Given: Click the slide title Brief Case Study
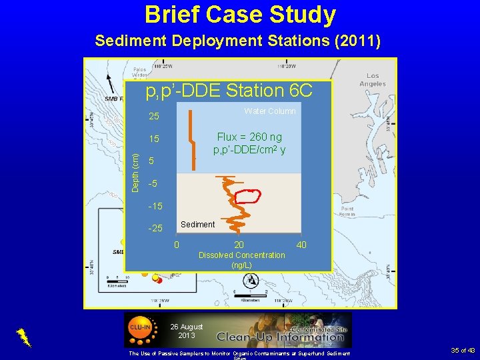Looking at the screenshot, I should pos(240,15).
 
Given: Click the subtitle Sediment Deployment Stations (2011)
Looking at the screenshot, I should pos(238,41).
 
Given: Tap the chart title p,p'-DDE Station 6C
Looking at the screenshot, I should pos(229,90).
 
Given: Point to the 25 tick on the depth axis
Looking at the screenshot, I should pos(154,117).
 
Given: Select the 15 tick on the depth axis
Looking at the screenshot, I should pos(154,139).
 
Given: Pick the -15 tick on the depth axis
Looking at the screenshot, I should pos(154,206).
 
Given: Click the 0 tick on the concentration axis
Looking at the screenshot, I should pos(176,245).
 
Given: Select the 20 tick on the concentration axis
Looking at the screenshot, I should pos(239,245).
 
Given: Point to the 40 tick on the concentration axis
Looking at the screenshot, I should pos(301,245).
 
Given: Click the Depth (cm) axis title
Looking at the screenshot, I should pos(136,173).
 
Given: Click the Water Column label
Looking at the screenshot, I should pos(270,111).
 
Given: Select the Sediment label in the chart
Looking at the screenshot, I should pos(197,225).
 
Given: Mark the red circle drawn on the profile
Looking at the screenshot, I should pos(249,196).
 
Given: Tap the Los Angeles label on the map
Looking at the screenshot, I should pos(373,80).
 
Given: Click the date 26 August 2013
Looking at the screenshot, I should pos(187,331).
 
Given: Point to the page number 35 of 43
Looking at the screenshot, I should pos(462,350).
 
